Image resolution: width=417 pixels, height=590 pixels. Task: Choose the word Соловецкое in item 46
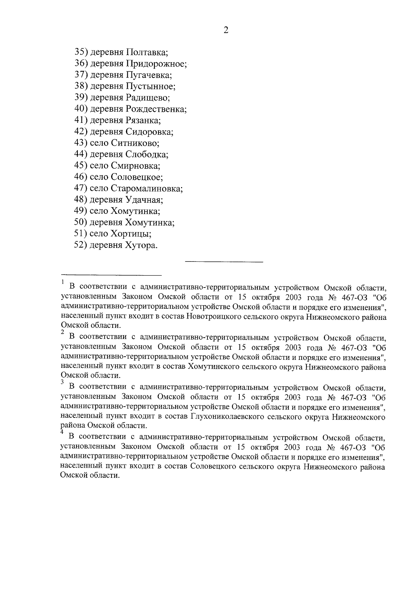[x=137, y=177]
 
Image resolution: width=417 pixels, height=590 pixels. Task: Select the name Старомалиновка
[x=147, y=189]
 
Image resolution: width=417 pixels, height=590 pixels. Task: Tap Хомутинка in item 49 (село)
[x=136, y=211]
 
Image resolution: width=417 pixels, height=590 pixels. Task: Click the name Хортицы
[x=131, y=234]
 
